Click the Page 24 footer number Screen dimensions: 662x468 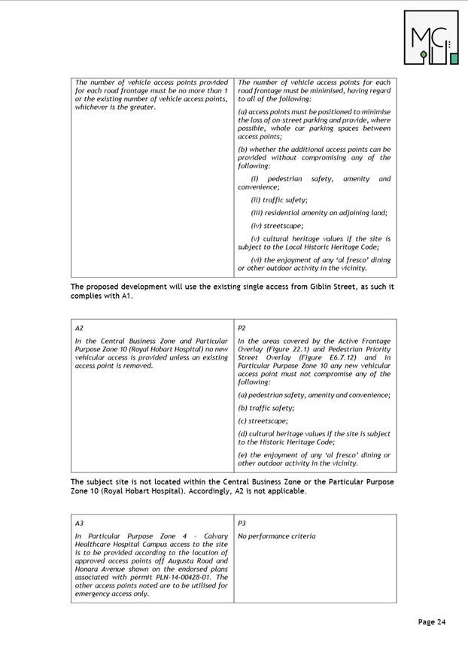point(432,621)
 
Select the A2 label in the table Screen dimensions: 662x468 point(79,328)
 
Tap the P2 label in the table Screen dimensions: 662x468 point(242,328)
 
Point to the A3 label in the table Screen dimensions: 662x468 point(79,523)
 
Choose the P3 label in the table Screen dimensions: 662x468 point(242,523)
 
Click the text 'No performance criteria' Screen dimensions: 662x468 point(276,536)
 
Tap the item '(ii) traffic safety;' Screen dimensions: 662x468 point(278,199)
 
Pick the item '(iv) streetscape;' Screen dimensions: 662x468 point(277,225)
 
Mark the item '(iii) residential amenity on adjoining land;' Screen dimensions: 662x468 point(319,212)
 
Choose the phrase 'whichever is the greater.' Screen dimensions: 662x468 point(115,107)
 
